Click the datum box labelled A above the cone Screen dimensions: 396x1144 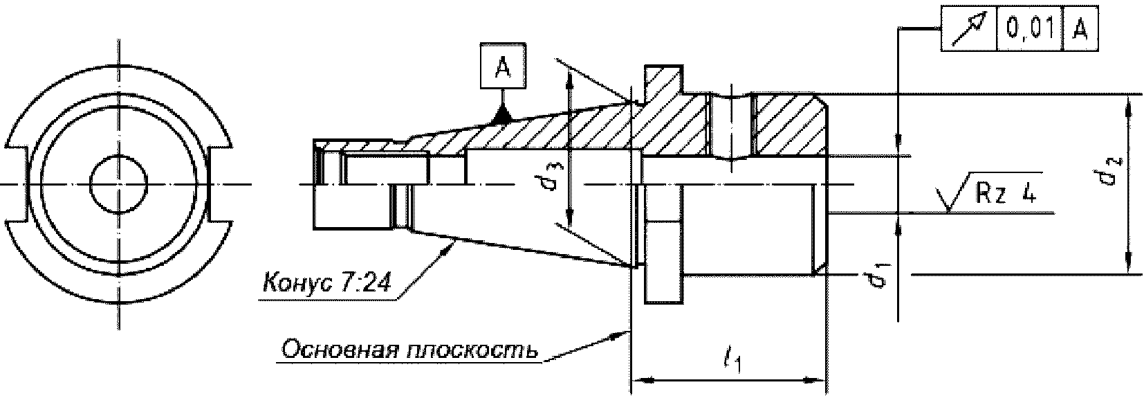[x=503, y=68]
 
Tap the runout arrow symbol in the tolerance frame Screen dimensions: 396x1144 [x=968, y=30]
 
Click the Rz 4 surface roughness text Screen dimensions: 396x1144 [x=1006, y=195]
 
